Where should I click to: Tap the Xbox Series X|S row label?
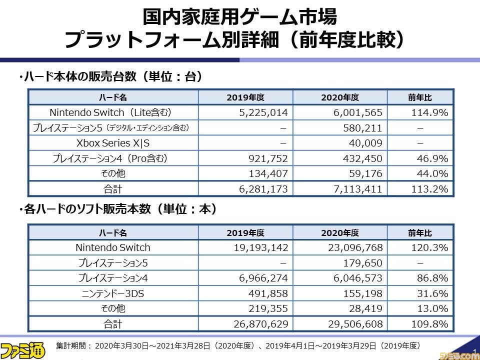[x=113, y=143]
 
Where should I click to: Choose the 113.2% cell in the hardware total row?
[x=429, y=189]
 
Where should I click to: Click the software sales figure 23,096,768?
[x=350, y=247]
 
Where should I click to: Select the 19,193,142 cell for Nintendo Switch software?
[x=260, y=247]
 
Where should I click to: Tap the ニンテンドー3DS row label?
[x=113, y=293]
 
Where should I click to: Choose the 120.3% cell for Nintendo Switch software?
[x=429, y=247]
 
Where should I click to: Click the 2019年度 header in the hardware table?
[x=245, y=97]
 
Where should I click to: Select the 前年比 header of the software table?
[x=420, y=233]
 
